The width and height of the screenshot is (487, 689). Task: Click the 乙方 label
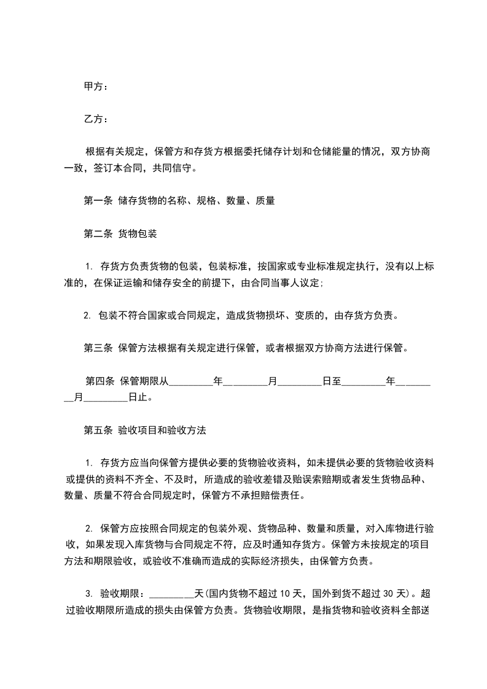93,119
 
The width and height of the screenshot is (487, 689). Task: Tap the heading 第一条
97,200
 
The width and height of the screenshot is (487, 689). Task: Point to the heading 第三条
97,348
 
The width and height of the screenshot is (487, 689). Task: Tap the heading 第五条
97,430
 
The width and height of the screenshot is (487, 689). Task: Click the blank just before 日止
106,398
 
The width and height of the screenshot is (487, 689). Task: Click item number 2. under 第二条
87,316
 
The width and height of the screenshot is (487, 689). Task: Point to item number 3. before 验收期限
88,594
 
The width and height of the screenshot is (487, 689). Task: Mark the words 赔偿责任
282,496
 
